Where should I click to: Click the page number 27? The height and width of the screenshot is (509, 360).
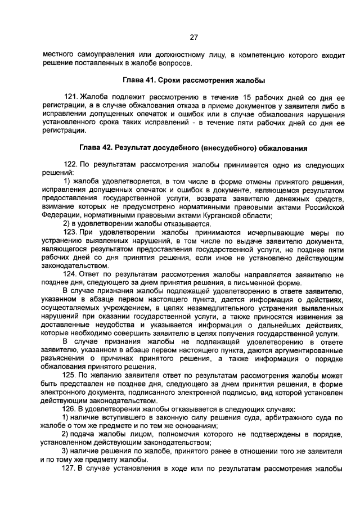pyautogui.click(x=193, y=38)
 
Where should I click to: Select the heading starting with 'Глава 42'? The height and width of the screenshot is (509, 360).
pyautogui.click(x=193, y=148)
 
